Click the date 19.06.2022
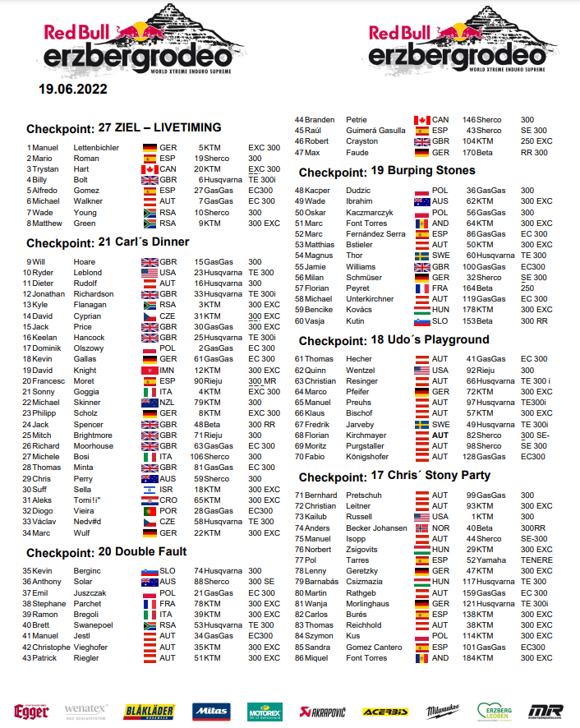coord(71,89)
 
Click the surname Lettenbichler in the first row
coord(96,147)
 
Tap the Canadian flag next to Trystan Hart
coord(150,168)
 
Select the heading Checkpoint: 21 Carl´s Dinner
coord(108,242)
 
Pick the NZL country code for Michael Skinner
coord(168,402)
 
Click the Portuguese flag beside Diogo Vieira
coord(150,510)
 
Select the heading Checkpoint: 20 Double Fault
coord(106,551)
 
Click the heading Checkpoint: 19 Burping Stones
coord(387,171)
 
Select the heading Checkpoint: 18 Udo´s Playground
coord(394,340)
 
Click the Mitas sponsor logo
coord(212,711)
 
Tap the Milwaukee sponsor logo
coord(442,711)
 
